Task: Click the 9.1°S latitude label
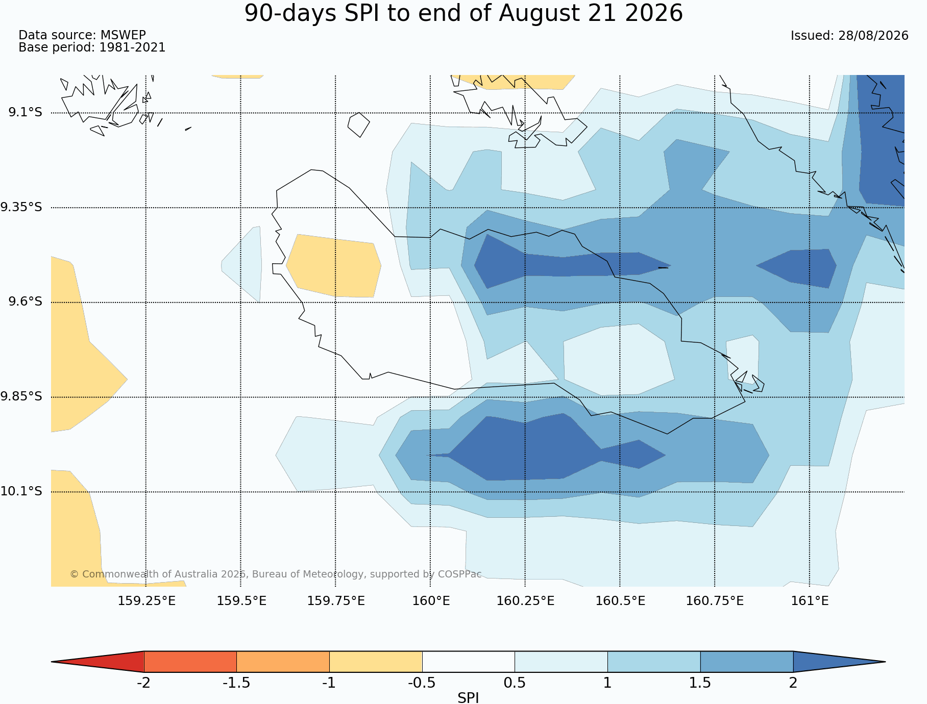[x=25, y=112]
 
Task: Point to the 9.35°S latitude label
[x=21, y=207]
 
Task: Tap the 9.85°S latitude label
[x=21, y=396]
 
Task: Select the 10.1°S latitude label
[x=21, y=491]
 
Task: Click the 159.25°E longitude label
[x=147, y=601]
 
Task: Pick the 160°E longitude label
[x=431, y=601]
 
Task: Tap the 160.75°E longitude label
[x=715, y=601]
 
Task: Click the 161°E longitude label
[x=810, y=601]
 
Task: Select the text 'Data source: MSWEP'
[x=82, y=35]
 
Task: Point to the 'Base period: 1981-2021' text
[x=92, y=47]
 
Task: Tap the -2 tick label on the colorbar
[x=143, y=683]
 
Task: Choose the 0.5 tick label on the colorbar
[x=515, y=683]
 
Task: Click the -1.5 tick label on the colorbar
[x=236, y=683]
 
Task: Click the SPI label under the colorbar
[x=468, y=698]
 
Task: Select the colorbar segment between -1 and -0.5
[x=376, y=662]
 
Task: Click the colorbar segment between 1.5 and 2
[x=747, y=662]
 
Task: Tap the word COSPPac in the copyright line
[x=459, y=574]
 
